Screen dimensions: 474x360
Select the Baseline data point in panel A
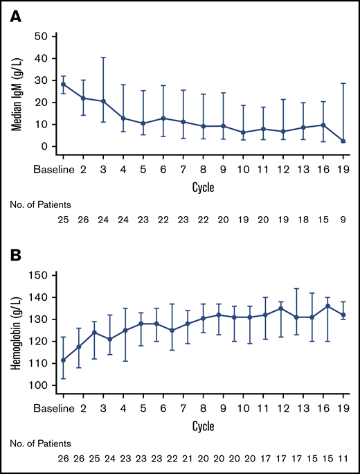[64, 85]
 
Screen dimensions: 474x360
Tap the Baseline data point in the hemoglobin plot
[64, 360]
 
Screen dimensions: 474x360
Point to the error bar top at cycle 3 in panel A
[103, 58]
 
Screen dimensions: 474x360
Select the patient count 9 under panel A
[344, 219]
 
